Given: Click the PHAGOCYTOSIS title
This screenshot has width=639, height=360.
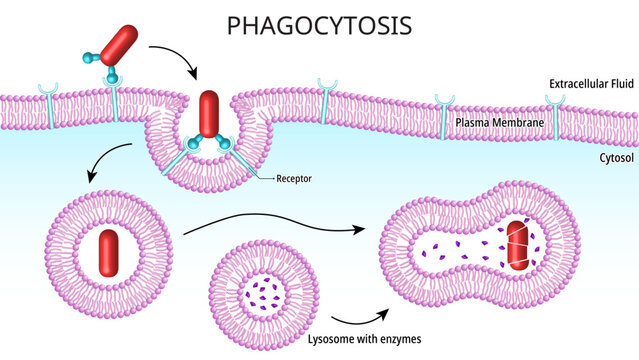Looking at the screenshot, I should (x=319, y=24).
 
